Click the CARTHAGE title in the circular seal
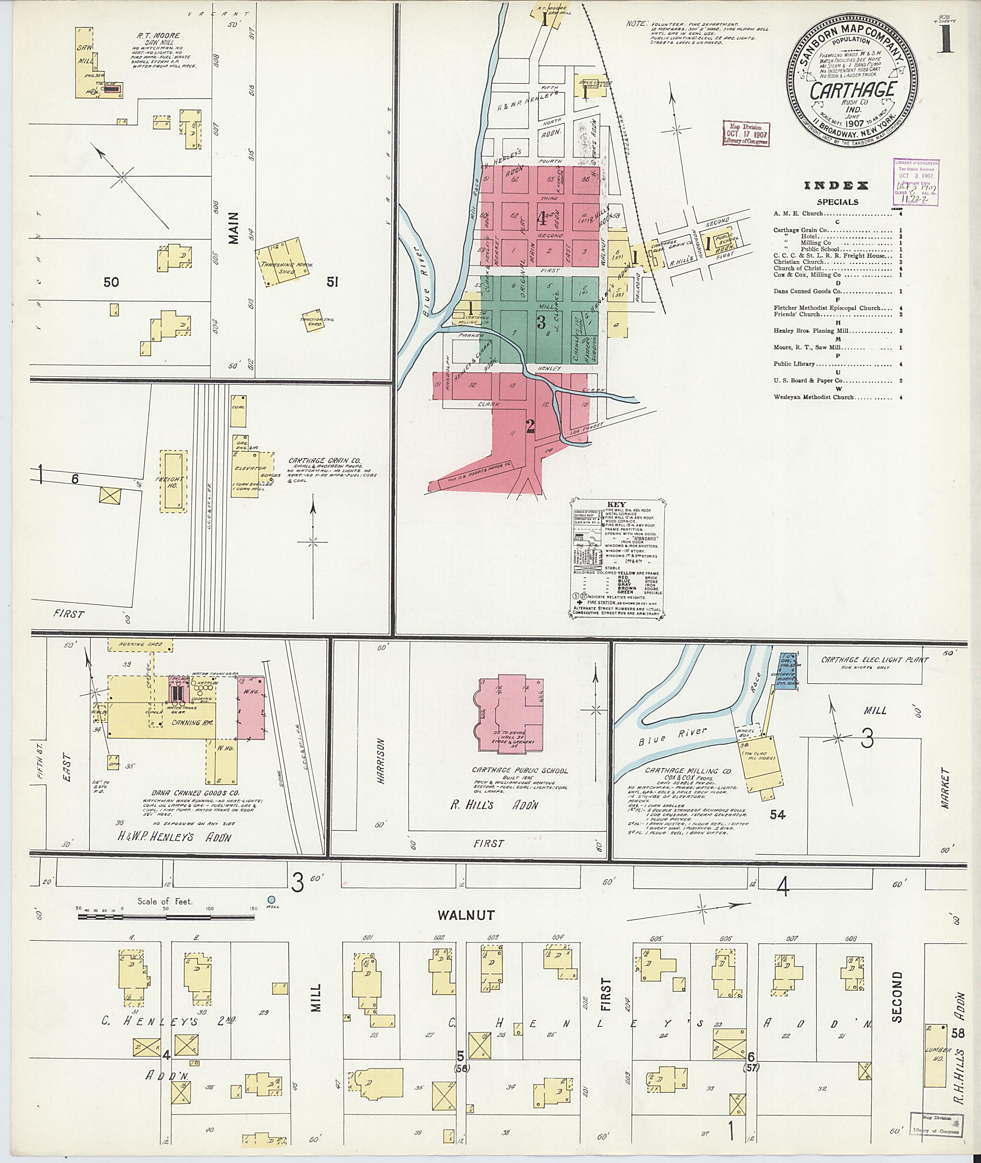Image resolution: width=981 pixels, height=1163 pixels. [x=853, y=90]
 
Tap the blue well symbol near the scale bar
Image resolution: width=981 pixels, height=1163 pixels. [x=272, y=899]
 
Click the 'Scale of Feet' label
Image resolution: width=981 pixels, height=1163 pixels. [x=165, y=901]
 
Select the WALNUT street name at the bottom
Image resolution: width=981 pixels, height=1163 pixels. [x=466, y=915]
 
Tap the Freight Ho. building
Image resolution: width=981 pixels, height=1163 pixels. [x=173, y=481]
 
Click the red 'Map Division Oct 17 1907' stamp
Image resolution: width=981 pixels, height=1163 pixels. [x=745, y=134]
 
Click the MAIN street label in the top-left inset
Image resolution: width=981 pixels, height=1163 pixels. [x=233, y=228]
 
